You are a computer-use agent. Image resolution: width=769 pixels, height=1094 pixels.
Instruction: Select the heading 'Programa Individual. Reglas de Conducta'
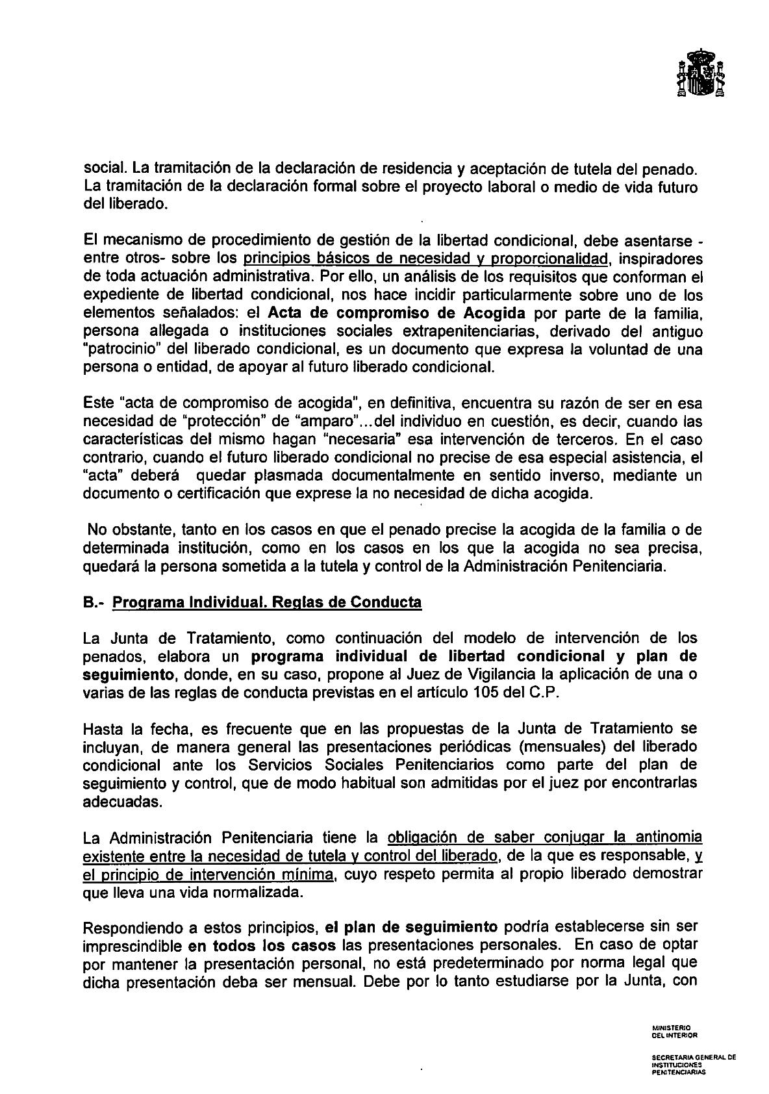267,602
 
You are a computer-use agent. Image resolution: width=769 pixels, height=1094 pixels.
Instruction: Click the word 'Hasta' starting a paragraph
104,728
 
